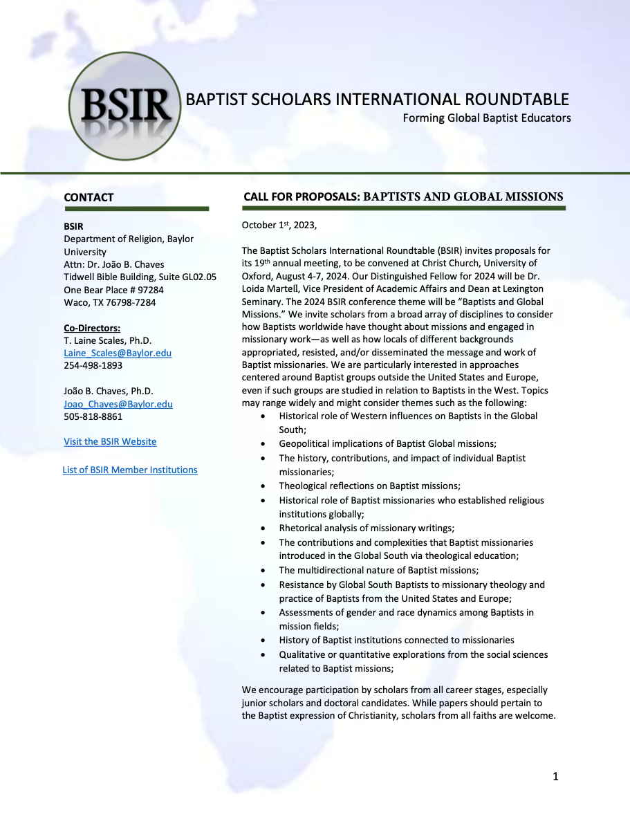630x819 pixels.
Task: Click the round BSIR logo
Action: (x=125, y=106)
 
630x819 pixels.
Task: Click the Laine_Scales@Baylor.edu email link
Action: (x=118, y=353)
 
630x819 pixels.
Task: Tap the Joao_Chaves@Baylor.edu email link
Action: (x=118, y=404)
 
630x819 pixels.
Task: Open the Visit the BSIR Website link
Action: (x=110, y=441)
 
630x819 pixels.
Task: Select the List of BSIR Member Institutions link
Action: (x=130, y=470)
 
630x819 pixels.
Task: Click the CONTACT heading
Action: (x=89, y=198)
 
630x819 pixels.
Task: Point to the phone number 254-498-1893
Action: (x=93, y=365)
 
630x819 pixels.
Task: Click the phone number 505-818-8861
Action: (x=93, y=416)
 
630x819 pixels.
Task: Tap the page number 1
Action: (x=555, y=776)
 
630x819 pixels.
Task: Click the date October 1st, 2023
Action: (x=279, y=225)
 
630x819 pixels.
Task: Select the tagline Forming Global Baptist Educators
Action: (x=487, y=118)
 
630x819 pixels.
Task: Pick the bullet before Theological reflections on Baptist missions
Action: (x=262, y=486)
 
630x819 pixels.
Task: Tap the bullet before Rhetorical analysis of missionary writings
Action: (x=262, y=528)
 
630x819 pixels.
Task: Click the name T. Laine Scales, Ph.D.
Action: (x=107, y=340)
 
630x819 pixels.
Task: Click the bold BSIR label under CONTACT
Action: (x=73, y=226)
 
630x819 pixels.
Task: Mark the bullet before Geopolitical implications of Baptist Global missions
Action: (x=262, y=444)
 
